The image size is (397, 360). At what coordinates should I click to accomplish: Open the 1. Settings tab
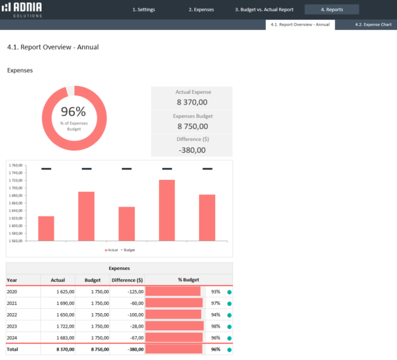coord(144,10)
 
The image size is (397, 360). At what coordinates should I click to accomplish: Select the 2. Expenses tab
coord(200,10)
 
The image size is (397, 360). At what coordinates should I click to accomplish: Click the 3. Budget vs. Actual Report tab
coord(264,10)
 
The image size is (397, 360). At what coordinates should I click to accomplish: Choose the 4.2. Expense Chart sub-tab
coord(373,24)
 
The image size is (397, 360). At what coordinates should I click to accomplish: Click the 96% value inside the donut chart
coord(73,112)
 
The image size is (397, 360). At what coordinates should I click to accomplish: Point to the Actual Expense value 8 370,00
coord(192,103)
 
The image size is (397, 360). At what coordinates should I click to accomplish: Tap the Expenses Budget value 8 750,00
coord(192,126)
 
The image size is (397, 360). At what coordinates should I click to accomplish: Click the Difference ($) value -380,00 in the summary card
coord(192,150)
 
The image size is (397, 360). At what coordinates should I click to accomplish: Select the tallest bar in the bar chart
coord(167,210)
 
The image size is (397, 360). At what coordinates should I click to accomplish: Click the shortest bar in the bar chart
coord(46,228)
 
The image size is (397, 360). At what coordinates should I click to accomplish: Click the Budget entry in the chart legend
coord(128,250)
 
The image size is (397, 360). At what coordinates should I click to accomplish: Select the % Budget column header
coord(189,280)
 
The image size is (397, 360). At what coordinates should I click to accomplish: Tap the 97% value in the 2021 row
coord(216,303)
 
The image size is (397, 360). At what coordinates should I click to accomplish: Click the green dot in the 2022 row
coord(229,314)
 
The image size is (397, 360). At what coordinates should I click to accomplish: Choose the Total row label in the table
coord(13,349)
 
